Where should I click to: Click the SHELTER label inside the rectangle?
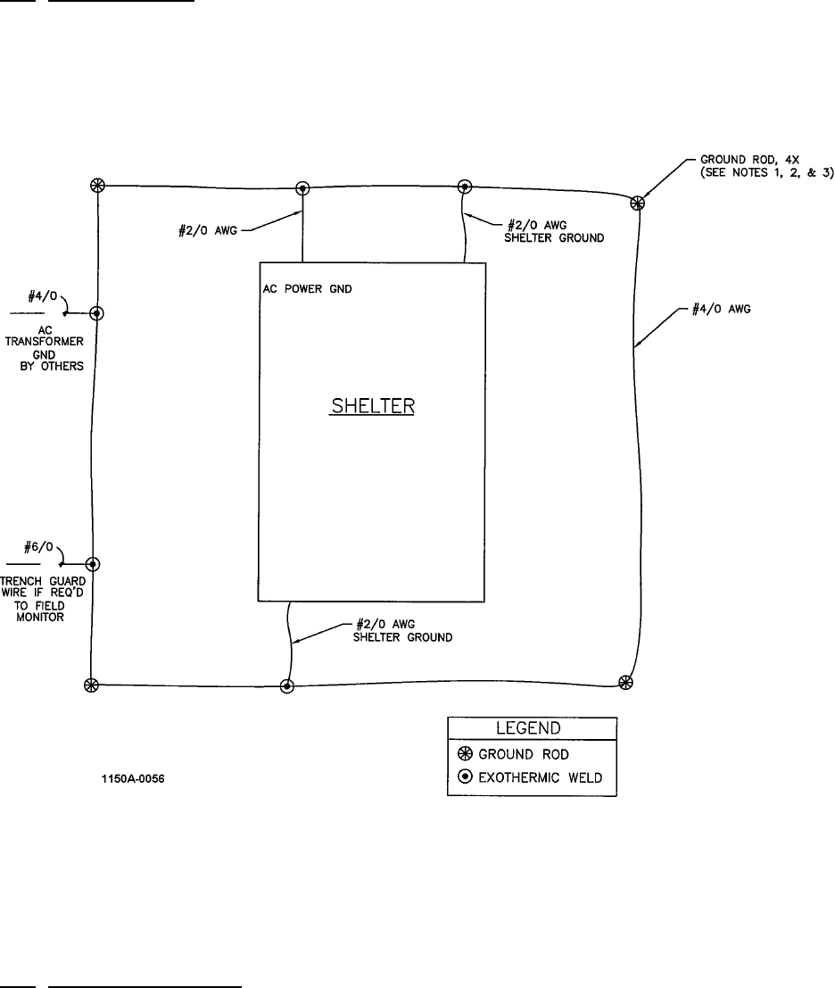click(374, 406)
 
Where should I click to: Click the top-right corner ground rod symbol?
click(638, 203)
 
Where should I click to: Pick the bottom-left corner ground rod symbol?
click(90, 685)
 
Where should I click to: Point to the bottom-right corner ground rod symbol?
click(626, 683)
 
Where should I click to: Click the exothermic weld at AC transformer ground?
click(97, 313)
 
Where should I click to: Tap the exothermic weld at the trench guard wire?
click(92, 564)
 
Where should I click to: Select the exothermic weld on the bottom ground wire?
click(286, 685)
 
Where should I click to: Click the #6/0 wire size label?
click(37, 547)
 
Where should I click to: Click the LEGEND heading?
click(531, 728)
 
